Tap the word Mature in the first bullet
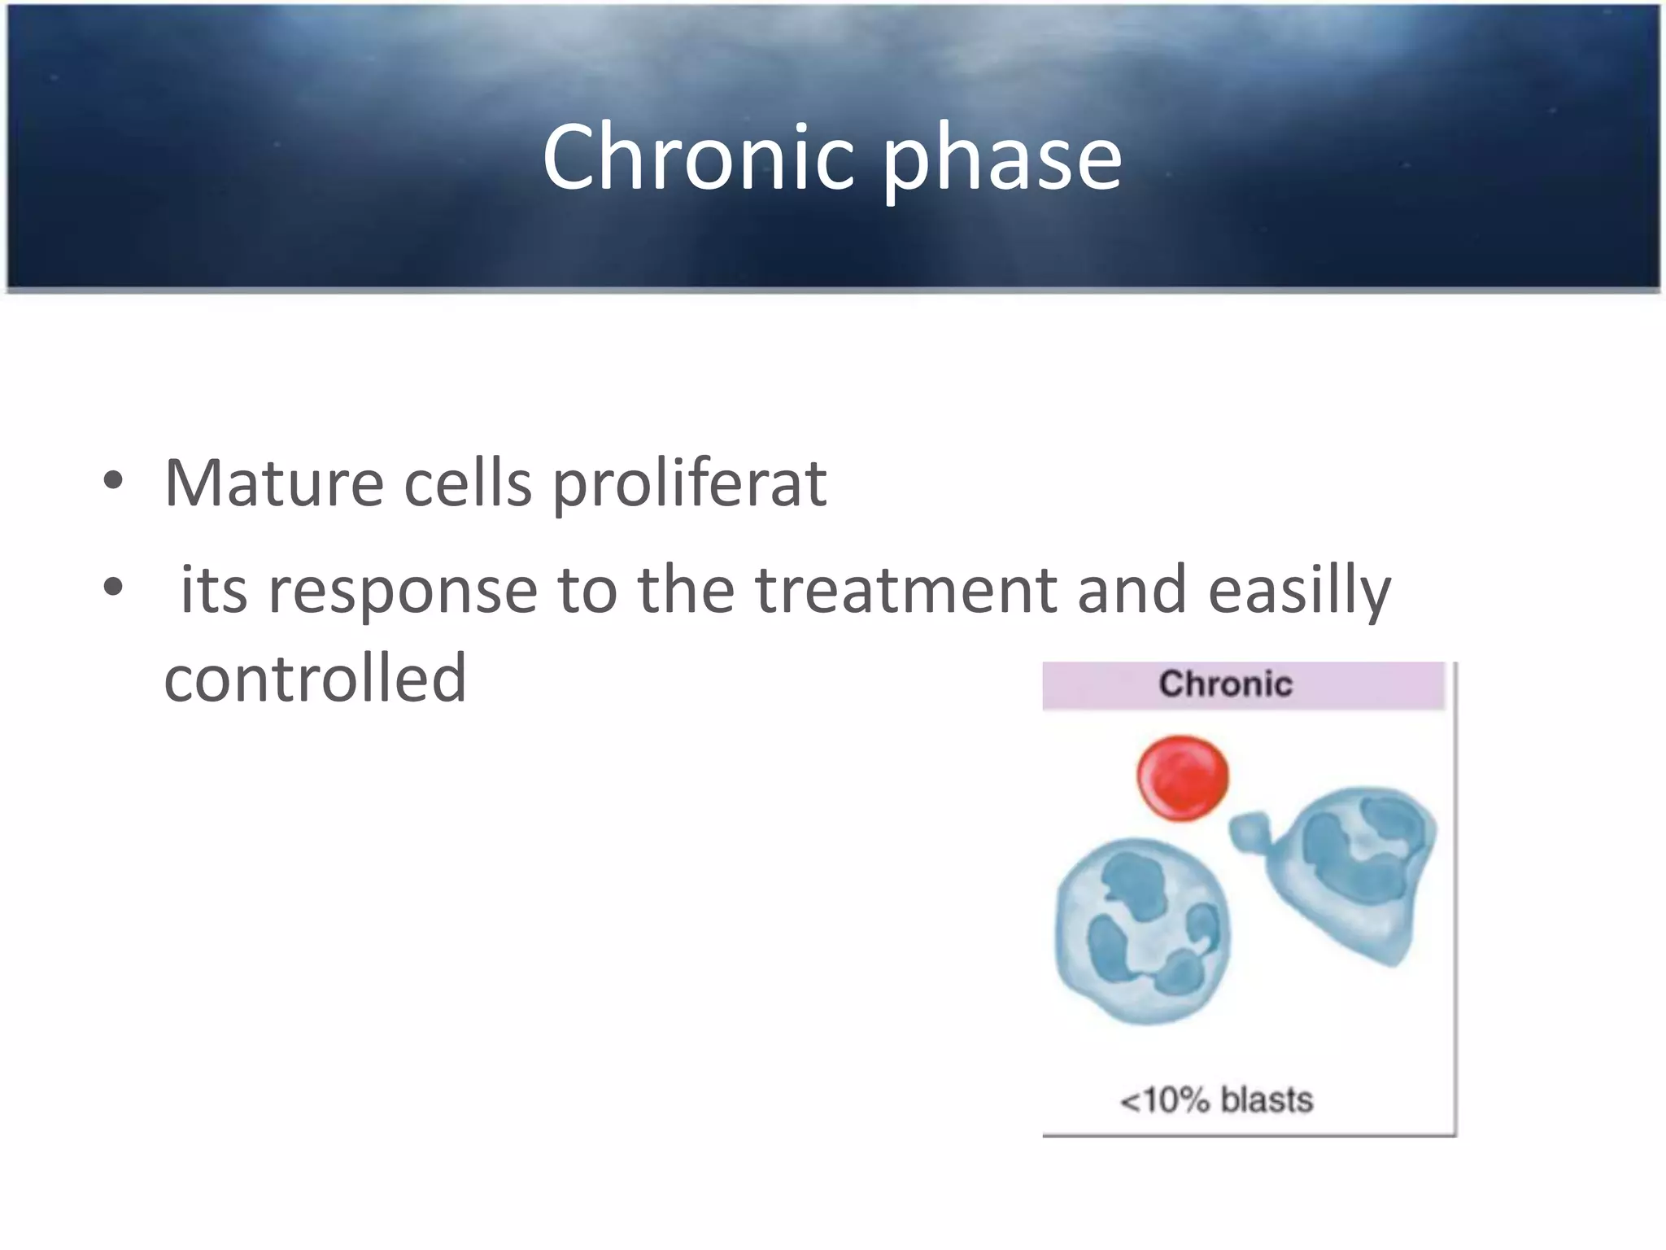pyautogui.click(x=273, y=483)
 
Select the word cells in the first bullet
pyautogui.click(x=468, y=483)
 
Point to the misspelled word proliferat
pyautogui.click(x=690, y=485)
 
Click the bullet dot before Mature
pyautogui.click(x=113, y=481)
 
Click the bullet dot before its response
pyautogui.click(x=113, y=586)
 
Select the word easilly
pyautogui.click(x=1299, y=591)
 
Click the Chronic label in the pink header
pyautogui.click(x=1225, y=684)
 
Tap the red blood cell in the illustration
pyautogui.click(x=1182, y=777)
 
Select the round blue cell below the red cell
pyautogui.click(x=1142, y=931)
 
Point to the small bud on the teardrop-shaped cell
pyautogui.click(x=1249, y=831)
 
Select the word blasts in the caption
pyautogui.click(x=1267, y=1099)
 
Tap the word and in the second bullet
pyautogui.click(x=1132, y=589)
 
